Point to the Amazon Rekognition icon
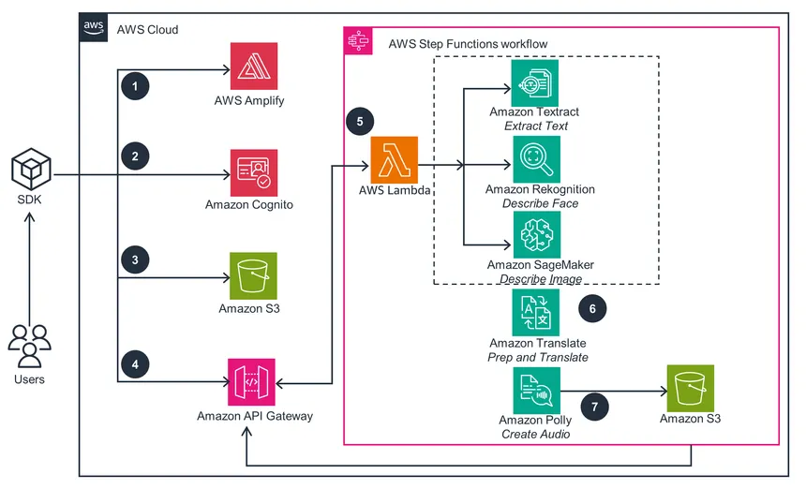pos(536,159)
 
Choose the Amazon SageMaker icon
pos(536,234)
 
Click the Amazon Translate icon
pos(536,312)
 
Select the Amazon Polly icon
pos(536,390)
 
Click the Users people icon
pos(29,347)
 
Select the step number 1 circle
pos(136,86)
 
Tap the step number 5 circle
pos(360,121)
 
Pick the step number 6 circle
pos(591,306)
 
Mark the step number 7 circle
pos(595,406)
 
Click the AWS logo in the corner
pos(94,28)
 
